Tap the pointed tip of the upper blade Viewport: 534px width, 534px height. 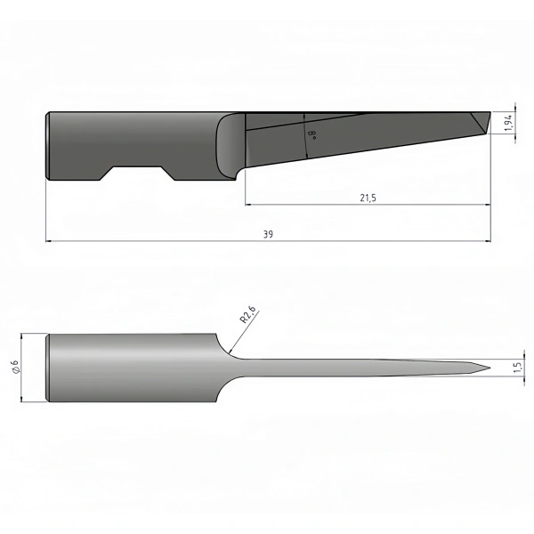489,113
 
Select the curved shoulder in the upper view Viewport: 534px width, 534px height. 229,147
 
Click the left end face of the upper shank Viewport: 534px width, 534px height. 47,146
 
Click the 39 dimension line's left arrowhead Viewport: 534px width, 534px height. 49,240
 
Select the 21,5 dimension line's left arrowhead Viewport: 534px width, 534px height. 248,205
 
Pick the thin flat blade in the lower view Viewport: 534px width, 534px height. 356,368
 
